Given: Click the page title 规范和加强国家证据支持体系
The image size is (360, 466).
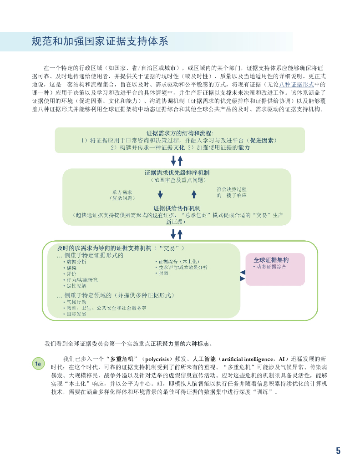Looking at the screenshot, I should (100, 41).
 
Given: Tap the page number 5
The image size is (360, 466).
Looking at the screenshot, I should (338, 451).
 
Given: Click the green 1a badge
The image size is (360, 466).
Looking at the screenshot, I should (39, 364).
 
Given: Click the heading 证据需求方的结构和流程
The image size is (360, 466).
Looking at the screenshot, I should (180, 133).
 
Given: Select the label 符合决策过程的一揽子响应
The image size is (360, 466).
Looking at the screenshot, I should (231, 192).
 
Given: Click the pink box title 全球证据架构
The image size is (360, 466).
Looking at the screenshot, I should (271, 259).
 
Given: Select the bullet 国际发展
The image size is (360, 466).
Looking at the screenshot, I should (76, 314).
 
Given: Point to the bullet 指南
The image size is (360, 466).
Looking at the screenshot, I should (162, 274).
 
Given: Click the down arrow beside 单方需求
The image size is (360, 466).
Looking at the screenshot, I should (160, 195).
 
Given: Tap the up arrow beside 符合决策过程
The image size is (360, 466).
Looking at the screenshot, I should (194, 194).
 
